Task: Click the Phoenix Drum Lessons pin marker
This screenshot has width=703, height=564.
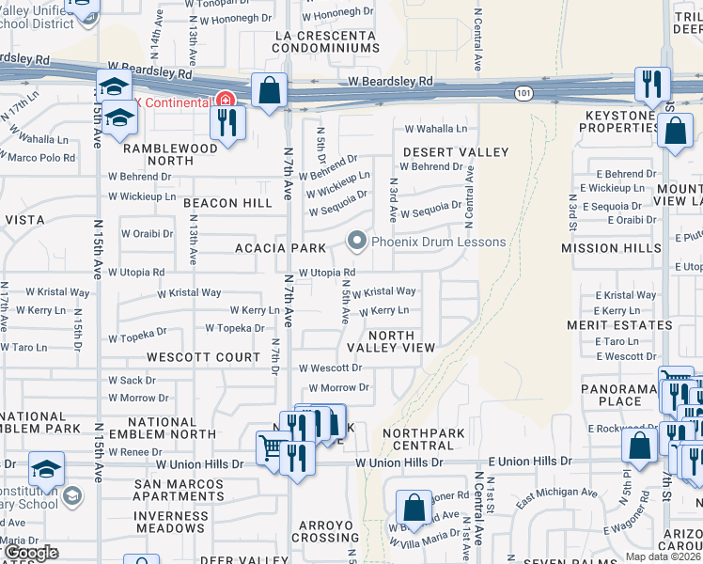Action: [x=356, y=242]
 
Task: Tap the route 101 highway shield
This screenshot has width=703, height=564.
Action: [x=523, y=92]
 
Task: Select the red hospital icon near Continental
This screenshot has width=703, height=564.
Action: [x=224, y=100]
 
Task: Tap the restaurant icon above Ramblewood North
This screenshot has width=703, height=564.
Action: [x=227, y=122]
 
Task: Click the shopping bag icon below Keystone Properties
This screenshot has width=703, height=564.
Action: [x=675, y=132]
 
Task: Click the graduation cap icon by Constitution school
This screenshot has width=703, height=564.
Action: [x=46, y=468]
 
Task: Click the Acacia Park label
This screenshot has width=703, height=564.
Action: [x=287, y=248]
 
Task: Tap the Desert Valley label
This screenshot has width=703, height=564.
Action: [x=456, y=152]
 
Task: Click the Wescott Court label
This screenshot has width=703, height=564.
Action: [x=203, y=357]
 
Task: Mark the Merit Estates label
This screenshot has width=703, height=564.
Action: [x=619, y=325]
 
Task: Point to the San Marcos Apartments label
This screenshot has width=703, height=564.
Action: [x=179, y=490]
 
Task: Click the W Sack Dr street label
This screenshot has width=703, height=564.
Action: [x=132, y=381]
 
